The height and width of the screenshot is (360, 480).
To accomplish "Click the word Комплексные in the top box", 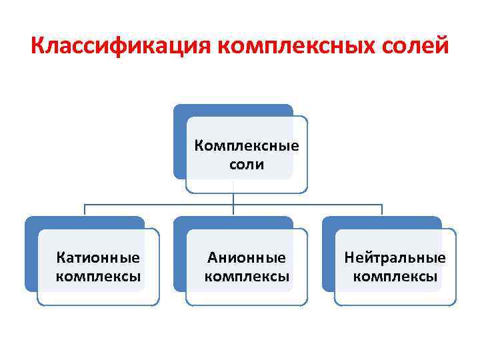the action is (247, 145).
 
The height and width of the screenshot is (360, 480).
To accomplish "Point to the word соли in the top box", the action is (247, 164).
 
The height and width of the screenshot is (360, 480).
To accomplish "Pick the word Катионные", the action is (99, 257).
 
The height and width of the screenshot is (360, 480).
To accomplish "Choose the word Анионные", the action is (247, 257).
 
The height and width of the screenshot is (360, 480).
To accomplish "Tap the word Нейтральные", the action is (395, 257).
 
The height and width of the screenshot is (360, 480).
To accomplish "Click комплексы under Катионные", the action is (99, 276).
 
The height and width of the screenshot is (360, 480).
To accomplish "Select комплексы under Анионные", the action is (247, 276).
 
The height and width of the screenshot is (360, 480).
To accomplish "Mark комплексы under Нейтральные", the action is (395, 276).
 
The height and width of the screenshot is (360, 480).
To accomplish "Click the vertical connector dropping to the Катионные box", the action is (85, 210).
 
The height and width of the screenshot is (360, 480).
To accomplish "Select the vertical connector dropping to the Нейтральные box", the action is (382, 210).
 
